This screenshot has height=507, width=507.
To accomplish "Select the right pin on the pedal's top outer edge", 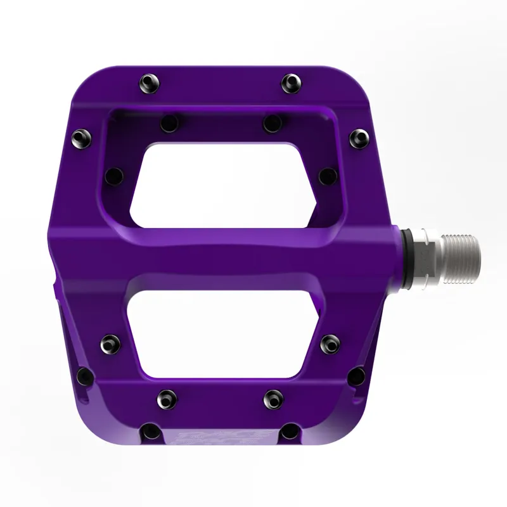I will pyautogui.click(x=291, y=81).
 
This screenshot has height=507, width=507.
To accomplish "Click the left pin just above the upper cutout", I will pyautogui.click(x=169, y=123).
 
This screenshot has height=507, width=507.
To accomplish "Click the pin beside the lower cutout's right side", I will pyautogui.click(x=330, y=344).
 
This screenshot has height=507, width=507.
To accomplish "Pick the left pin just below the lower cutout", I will pyautogui.click(x=167, y=398).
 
